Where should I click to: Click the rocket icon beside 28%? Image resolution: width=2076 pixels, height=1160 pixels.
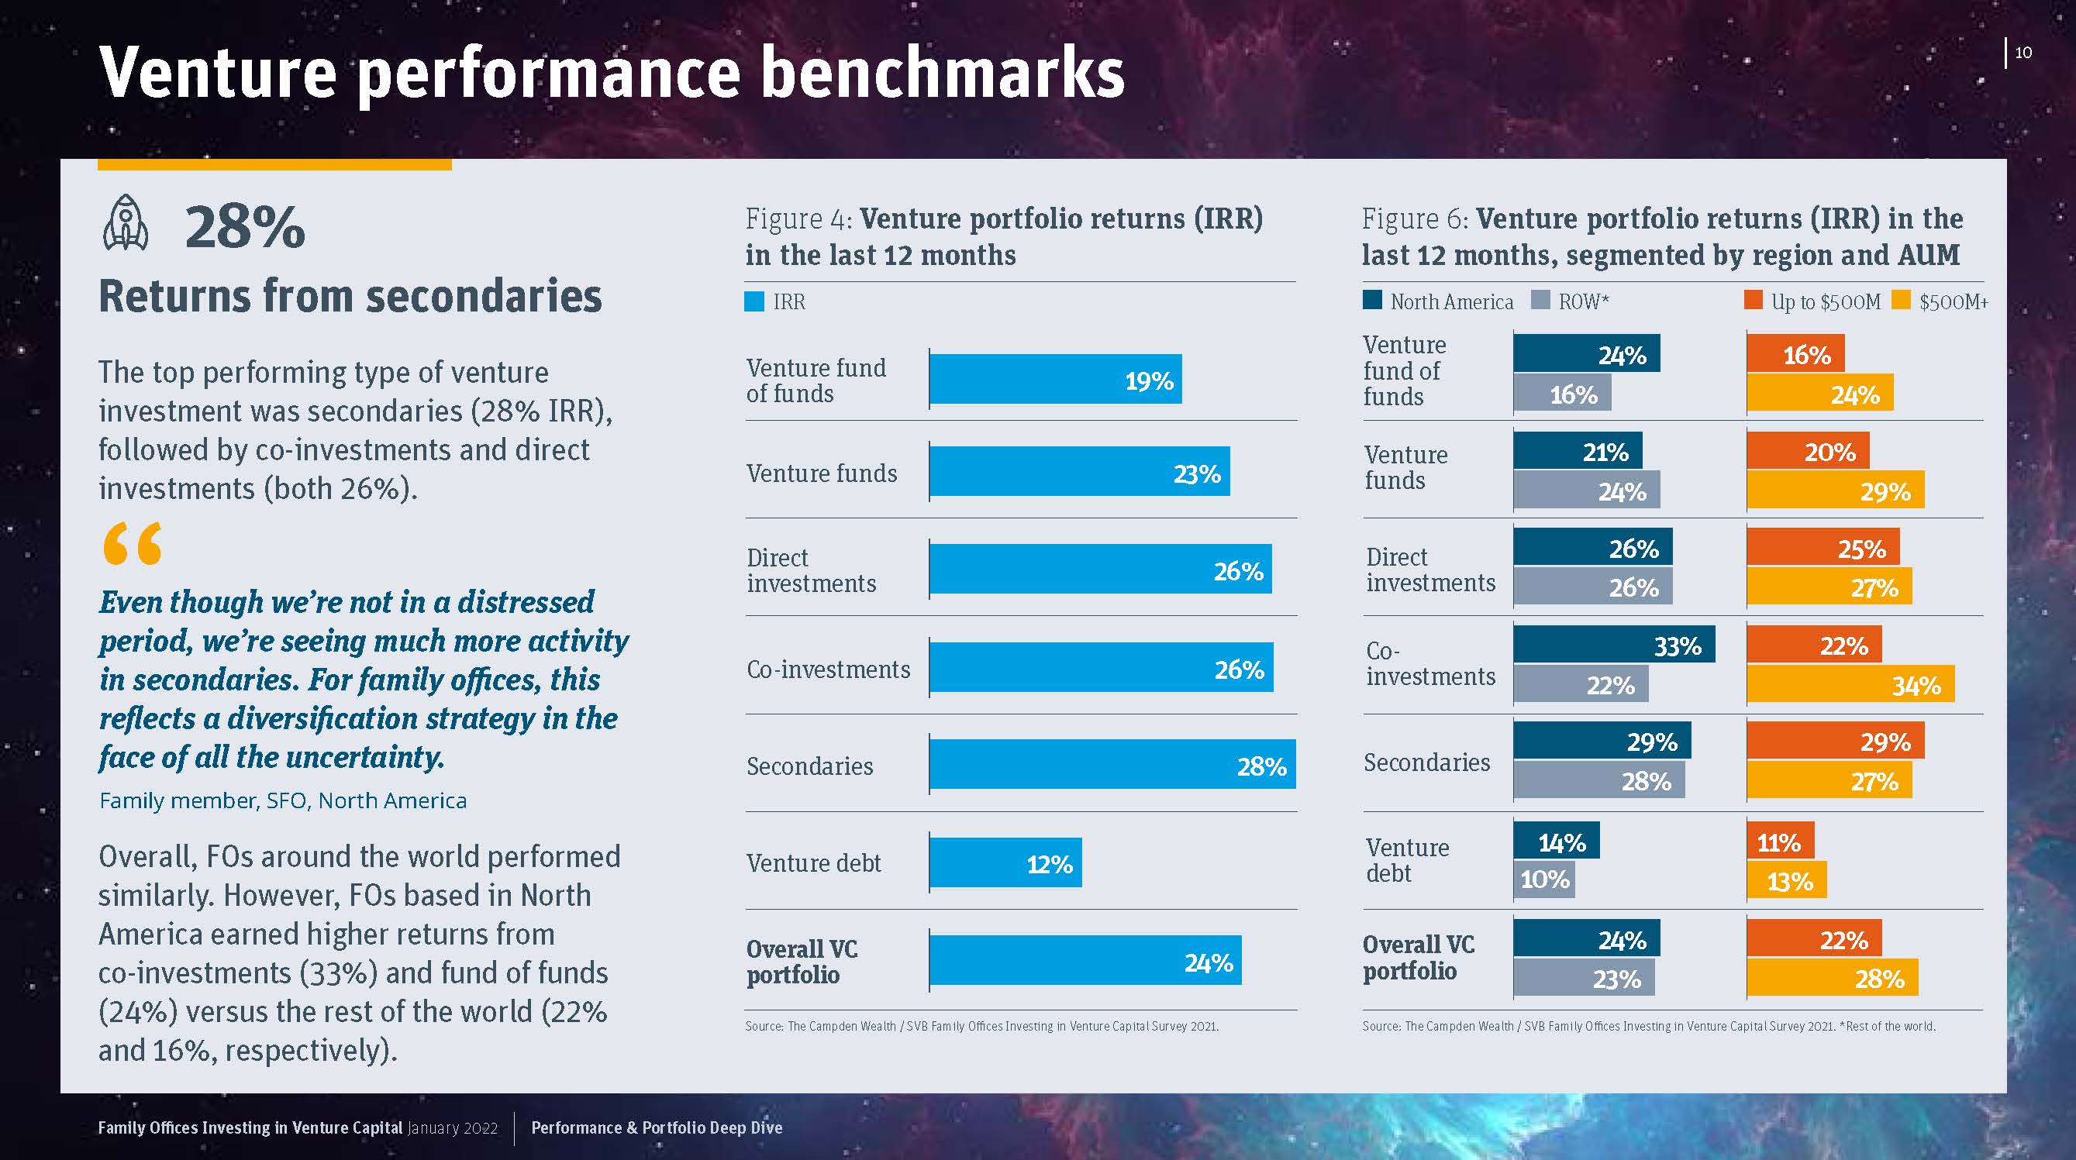click(x=126, y=223)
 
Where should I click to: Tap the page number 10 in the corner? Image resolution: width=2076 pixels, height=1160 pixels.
click(x=2023, y=53)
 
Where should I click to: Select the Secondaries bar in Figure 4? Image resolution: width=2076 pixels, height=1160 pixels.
click(x=1112, y=765)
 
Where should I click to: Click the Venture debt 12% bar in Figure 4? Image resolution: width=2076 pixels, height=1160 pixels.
click(x=1005, y=862)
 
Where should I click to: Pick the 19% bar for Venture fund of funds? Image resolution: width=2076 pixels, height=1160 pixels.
click(x=1055, y=380)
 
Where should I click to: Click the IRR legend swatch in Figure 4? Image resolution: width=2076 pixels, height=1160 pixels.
click(x=754, y=302)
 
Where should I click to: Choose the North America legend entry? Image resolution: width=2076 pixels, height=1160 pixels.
click(x=1438, y=302)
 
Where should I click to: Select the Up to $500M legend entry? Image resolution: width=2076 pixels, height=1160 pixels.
click(x=1812, y=302)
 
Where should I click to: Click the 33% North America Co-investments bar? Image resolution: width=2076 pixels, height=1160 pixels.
click(x=1613, y=645)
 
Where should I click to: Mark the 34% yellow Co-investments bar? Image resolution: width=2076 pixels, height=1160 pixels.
click(x=1850, y=685)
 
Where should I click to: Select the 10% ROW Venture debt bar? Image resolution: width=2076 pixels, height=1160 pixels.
click(x=1543, y=879)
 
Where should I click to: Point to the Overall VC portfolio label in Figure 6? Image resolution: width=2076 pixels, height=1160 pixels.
click(x=1419, y=957)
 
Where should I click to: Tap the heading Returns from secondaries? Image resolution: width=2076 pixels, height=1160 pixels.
click(x=350, y=296)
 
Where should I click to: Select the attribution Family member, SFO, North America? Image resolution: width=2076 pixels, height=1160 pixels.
click(x=283, y=800)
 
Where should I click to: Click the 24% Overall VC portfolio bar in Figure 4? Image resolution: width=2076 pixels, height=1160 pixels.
click(x=1085, y=960)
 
